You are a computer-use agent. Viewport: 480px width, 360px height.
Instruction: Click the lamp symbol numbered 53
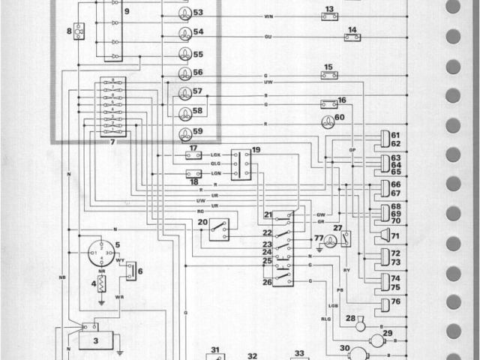184,13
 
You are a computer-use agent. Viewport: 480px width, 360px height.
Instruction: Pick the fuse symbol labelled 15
328,75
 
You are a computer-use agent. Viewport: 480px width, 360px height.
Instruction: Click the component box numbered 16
328,104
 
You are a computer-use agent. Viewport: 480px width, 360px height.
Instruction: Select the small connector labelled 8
79,31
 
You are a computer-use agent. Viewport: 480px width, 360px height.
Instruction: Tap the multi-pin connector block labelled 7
112,106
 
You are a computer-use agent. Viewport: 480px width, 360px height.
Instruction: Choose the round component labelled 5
100,253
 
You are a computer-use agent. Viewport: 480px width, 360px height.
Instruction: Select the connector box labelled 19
241,163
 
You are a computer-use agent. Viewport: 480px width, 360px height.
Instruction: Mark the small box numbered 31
214,355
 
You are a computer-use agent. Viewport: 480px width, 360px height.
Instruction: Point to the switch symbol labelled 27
346,238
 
